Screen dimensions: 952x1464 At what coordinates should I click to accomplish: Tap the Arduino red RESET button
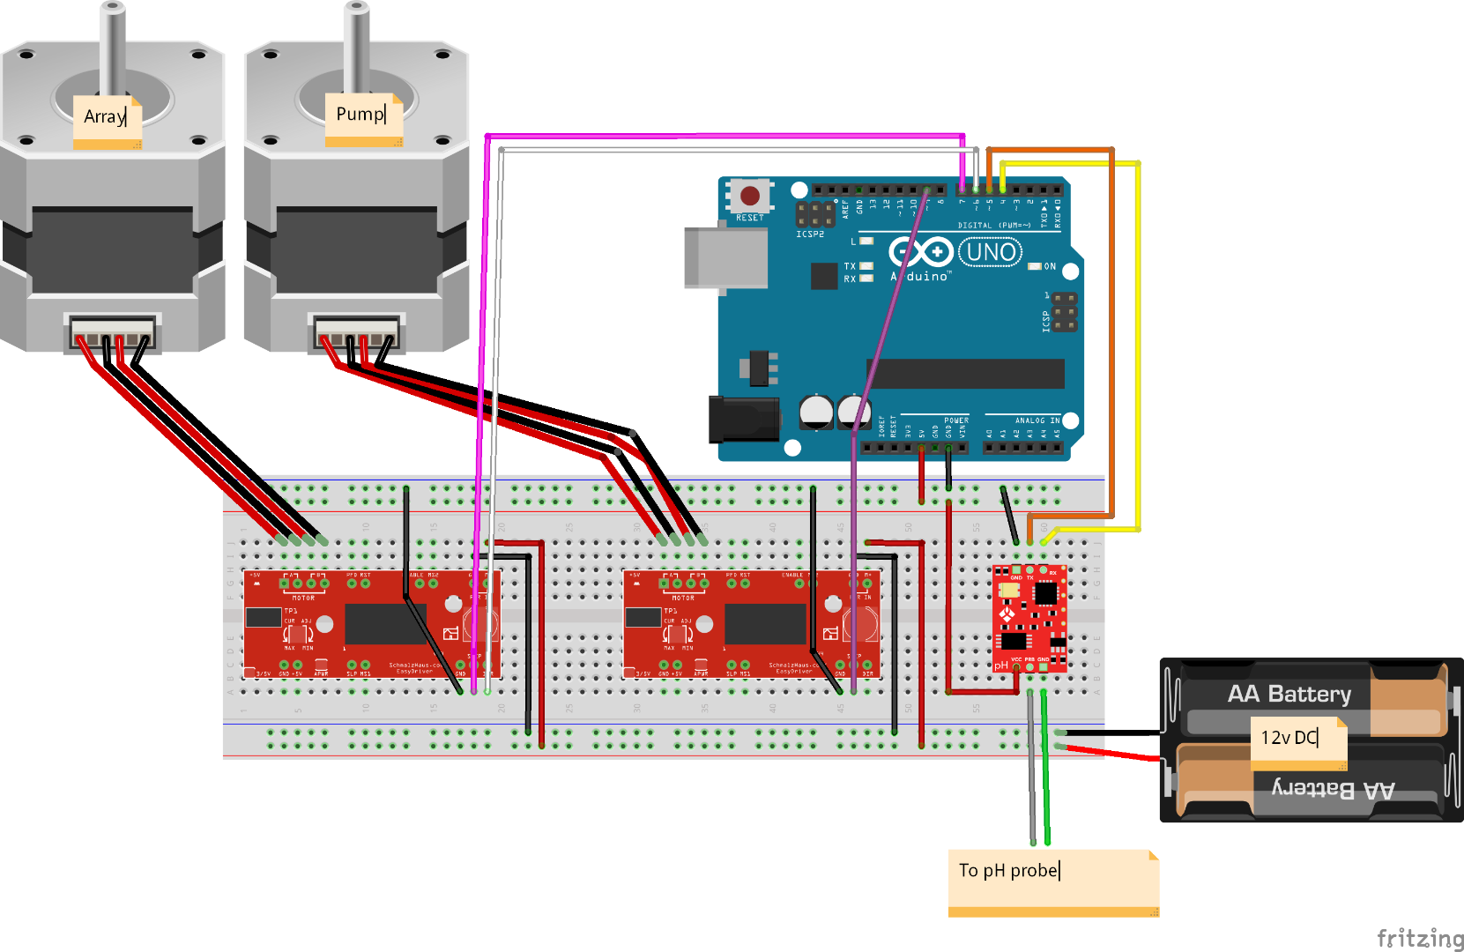(750, 195)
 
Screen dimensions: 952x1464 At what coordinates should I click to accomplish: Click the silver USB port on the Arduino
(725, 257)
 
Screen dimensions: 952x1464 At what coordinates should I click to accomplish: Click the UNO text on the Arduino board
(991, 253)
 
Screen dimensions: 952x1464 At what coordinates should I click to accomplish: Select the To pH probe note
(1052, 881)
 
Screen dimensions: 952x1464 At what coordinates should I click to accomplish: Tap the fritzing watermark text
(1419, 937)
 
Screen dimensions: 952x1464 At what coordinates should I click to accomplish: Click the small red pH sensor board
(1029, 618)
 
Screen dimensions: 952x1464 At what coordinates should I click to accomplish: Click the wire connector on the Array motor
(112, 333)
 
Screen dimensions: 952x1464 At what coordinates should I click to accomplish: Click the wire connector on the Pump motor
(356, 333)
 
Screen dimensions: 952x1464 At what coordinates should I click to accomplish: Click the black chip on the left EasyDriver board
(385, 624)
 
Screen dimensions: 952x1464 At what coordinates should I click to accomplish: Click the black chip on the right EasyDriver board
(765, 624)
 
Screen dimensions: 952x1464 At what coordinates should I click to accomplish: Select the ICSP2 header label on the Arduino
(810, 234)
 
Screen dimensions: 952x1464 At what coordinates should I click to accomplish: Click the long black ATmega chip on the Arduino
(965, 374)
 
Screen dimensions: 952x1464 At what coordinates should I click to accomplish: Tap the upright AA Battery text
(1289, 695)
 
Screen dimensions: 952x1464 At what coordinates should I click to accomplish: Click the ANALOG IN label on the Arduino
(1037, 420)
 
